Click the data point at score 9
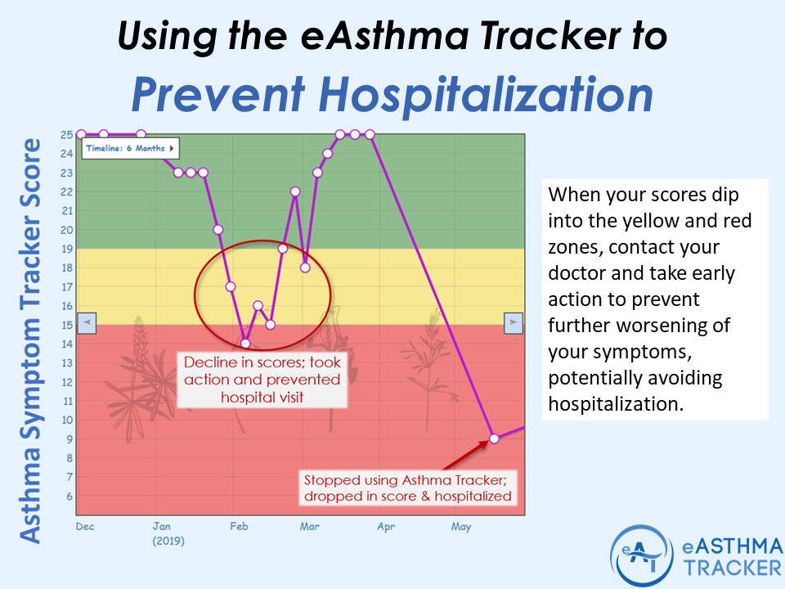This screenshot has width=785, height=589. click(494, 438)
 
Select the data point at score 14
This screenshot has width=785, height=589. click(245, 343)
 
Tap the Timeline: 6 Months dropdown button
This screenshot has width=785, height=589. click(130, 148)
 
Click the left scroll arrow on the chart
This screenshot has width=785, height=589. click(87, 323)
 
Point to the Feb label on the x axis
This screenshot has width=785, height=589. click(238, 527)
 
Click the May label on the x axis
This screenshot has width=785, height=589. click(461, 527)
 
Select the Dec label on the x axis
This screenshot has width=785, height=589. click(85, 527)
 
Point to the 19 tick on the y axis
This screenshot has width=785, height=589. click(66, 249)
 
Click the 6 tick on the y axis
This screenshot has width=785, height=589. click(69, 497)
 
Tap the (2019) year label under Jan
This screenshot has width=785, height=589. click(168, 541)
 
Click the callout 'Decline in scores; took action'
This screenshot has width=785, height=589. click(262, 380)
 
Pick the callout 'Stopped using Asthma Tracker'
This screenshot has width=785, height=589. click(407, 488)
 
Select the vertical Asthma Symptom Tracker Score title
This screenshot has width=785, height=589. click(30, 339)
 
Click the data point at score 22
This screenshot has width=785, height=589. click(295, 191)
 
